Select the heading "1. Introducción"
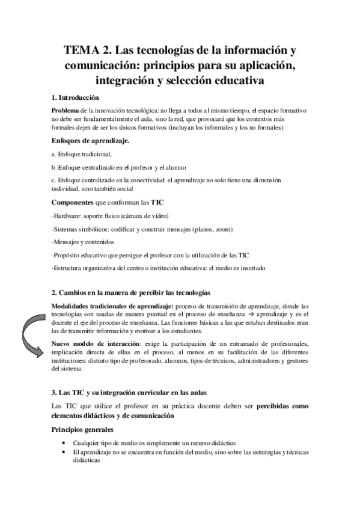coord(76,97)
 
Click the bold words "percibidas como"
coord(282,406)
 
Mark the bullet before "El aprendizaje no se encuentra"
coord(64,452)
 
